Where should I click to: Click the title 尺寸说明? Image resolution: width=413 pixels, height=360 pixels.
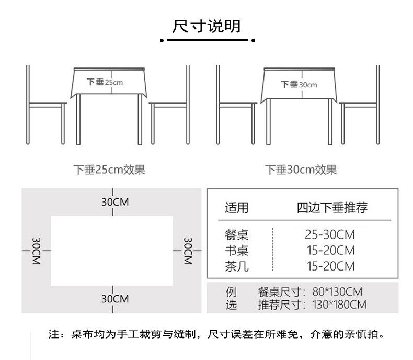coord(206,26)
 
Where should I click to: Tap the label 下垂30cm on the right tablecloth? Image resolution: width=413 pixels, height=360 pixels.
coord(299,84)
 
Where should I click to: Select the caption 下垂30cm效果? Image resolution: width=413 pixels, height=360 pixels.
coord(300,170)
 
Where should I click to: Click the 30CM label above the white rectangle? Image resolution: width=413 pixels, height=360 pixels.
coord(114,203)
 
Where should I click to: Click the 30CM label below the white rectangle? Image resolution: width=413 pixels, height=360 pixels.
coord(114,299)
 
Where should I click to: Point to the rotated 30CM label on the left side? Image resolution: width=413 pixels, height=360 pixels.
coord(36,251)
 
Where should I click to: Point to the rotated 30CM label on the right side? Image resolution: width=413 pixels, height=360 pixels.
coord(188,251)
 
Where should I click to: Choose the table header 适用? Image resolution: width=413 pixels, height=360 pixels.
coord(236,208)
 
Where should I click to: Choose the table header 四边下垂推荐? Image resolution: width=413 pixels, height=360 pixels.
coord(332,208)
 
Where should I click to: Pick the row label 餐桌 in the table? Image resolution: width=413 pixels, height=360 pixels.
coord(236,234)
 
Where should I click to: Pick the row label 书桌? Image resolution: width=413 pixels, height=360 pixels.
coord(236,250)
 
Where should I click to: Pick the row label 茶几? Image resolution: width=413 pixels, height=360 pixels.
coord(236,266)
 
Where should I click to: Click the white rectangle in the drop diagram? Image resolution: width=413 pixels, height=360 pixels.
coord(112,250)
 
